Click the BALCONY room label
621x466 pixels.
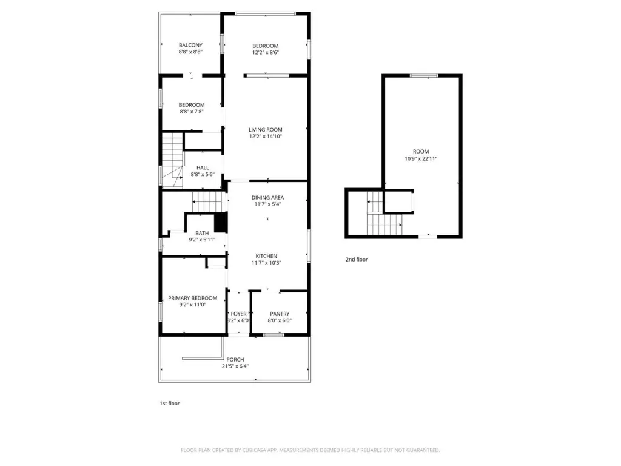190,45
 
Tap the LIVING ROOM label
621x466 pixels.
266,130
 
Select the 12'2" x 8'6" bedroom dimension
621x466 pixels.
266,52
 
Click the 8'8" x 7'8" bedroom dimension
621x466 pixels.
192,112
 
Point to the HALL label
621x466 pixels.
203,167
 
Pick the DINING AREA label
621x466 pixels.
267,197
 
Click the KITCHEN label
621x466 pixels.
266,256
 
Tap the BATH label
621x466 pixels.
202,233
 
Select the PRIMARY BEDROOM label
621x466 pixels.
192,298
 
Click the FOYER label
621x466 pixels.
239,314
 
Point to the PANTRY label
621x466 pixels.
280,314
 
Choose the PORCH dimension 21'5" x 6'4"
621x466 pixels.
235,366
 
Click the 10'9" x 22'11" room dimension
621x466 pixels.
421,158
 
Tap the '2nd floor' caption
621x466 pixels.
357,260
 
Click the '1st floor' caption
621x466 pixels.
170,404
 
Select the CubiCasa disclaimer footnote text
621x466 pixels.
310,450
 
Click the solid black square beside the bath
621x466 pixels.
221,222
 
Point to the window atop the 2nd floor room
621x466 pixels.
424,75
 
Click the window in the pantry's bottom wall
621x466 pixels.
274,335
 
